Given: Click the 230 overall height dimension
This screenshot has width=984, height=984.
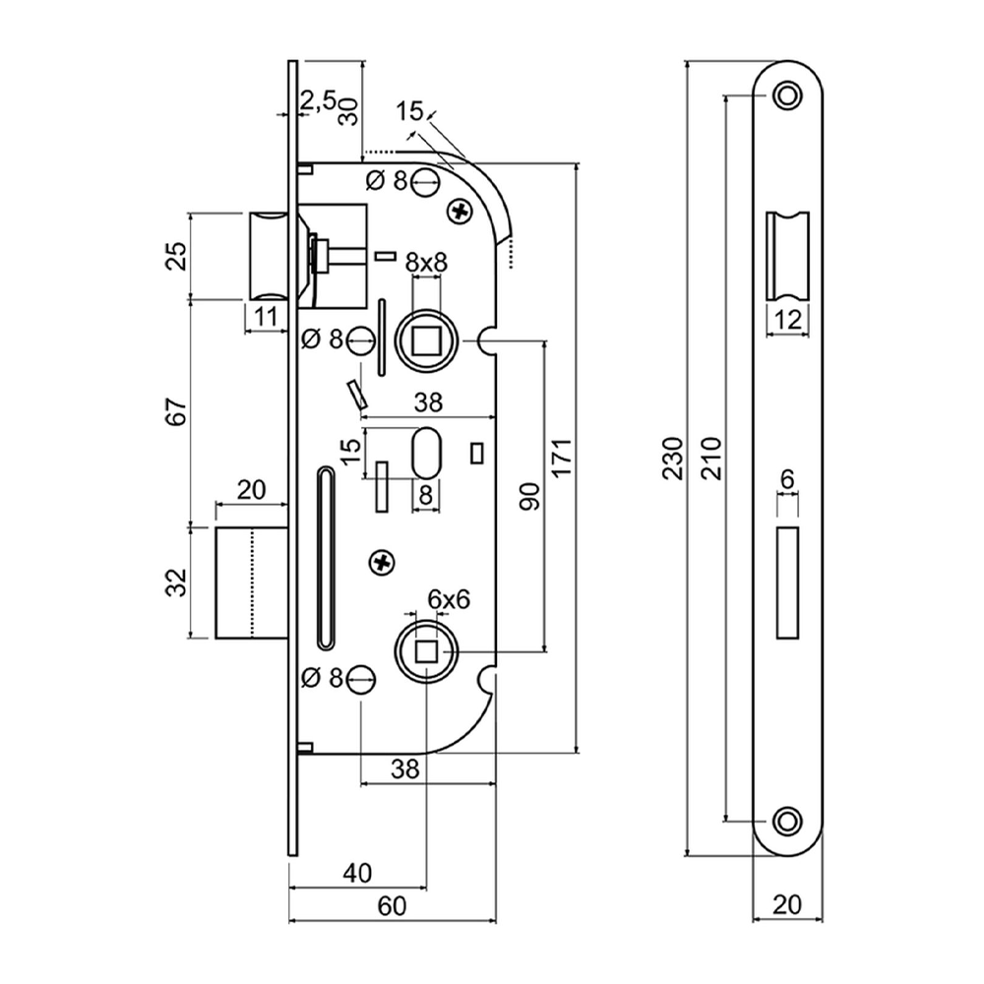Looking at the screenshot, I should [673, 459].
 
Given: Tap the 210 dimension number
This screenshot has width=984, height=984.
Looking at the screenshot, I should [714, 459].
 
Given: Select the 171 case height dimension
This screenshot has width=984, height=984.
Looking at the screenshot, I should [562, 459].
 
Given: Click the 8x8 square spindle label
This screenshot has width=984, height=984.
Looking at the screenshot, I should [426, 262].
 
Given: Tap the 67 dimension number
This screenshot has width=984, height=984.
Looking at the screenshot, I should [174, 413].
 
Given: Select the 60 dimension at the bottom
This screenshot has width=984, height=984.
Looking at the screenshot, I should [392, 908].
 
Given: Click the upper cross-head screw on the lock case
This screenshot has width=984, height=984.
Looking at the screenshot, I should [459, 210].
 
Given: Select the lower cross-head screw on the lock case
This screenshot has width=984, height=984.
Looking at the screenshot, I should [382, 562].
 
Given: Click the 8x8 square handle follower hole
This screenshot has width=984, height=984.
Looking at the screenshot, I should [426, 340].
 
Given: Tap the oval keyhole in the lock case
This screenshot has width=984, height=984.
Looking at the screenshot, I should [426, 452].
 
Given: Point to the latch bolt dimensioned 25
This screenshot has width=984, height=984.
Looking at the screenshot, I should [267, 256].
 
